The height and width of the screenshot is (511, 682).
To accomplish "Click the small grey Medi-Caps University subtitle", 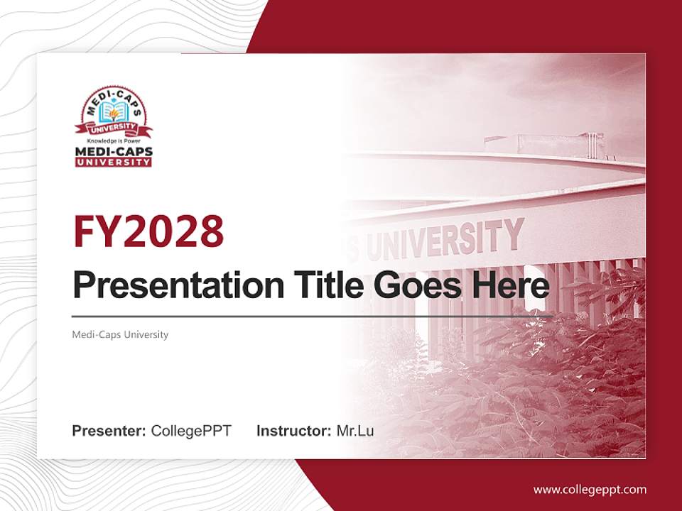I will pos(120,334).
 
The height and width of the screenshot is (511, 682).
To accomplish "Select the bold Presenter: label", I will pos(109,431).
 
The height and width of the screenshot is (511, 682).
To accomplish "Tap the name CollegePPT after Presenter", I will pos(191,431).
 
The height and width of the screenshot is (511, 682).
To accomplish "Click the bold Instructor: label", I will pos(293,431).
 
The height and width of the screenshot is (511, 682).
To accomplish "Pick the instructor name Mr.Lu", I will pos(355,431).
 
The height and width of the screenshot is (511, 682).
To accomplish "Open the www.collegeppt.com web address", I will pos(590,489).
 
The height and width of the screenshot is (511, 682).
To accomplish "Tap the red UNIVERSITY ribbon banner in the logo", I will pos(114,128).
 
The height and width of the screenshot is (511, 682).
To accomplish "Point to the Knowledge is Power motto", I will pos(114,141).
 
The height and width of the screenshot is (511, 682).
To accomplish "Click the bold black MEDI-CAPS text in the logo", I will pos(114,151).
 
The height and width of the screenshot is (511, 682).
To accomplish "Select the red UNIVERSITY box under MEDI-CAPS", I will pos(114,162).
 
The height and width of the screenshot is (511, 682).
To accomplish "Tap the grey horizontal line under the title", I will pos(313,316).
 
